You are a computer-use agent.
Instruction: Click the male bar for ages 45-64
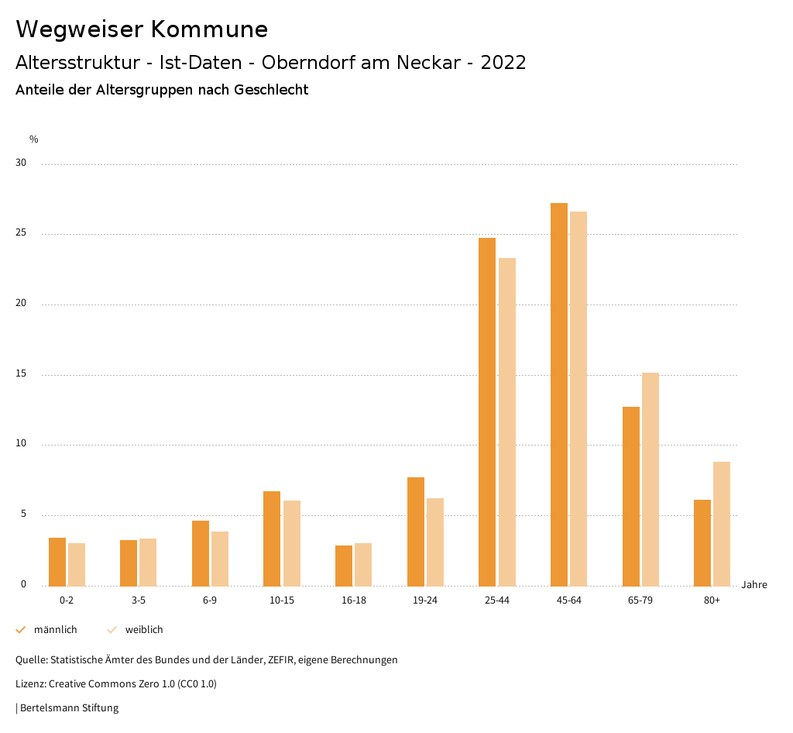(558, 394)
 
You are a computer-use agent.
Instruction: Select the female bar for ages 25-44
(507, 422)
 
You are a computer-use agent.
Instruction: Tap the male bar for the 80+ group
(702, 542)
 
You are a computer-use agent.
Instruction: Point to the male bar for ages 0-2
(57, 562)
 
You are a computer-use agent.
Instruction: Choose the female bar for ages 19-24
(435, 542)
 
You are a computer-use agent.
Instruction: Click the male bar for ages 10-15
(272, 539)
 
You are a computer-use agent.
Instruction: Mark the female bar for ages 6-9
(220, 559)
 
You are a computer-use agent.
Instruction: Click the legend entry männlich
(55, 630)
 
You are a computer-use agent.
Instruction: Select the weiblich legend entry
(144, 630)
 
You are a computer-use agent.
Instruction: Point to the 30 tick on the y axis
(21, 163)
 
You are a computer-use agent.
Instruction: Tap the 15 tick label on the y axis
(21, 374)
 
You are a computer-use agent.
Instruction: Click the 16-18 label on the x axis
(353, 601)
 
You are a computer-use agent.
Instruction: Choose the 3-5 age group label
(138, 601)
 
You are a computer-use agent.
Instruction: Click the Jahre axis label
(754, 585)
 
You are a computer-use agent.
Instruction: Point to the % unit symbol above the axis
(34, 139)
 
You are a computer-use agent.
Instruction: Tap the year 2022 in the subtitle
(503, 63)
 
